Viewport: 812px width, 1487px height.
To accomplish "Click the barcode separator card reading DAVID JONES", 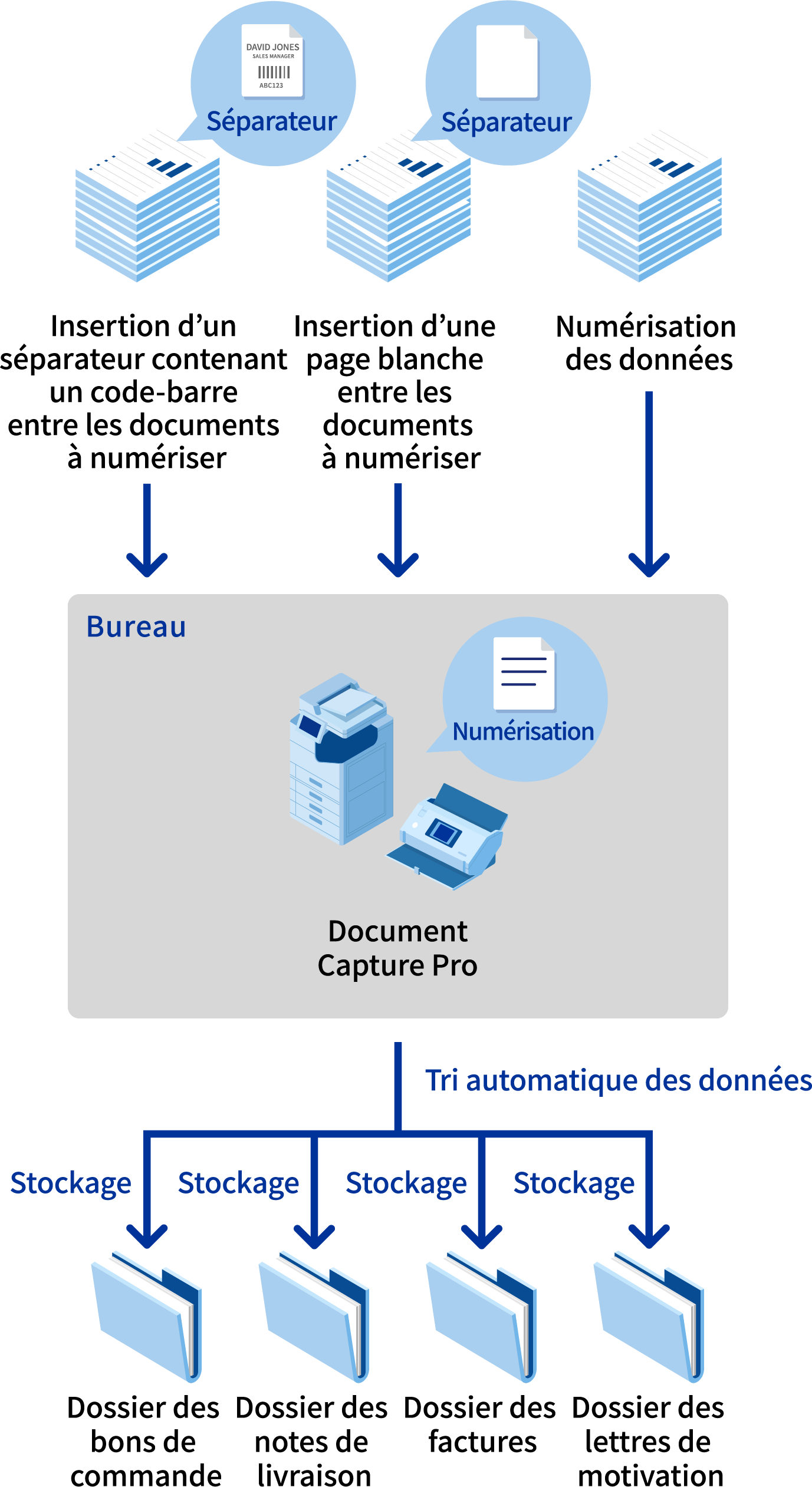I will (272, 61).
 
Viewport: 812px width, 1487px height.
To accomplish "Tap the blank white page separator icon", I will (507, 61).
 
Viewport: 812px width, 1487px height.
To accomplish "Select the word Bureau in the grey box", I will (136, 627).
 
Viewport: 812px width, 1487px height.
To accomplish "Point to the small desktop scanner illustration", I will (448, 837).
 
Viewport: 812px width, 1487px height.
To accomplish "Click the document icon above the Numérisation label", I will (524, 674).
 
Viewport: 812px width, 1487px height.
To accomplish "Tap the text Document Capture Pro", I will (397, 948).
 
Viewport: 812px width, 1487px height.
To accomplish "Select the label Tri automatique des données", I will (618, 1080).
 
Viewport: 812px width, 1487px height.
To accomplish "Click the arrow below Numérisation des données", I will (649, 483).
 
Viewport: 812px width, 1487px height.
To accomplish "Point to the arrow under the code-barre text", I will (147, 530).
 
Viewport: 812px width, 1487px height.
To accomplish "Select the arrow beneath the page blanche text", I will (398, 530).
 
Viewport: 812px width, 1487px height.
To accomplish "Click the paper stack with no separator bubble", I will (649, 206).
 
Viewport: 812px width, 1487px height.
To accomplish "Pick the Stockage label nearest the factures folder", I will (406, 1183).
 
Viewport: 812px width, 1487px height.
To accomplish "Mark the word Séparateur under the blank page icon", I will (507, 123).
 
